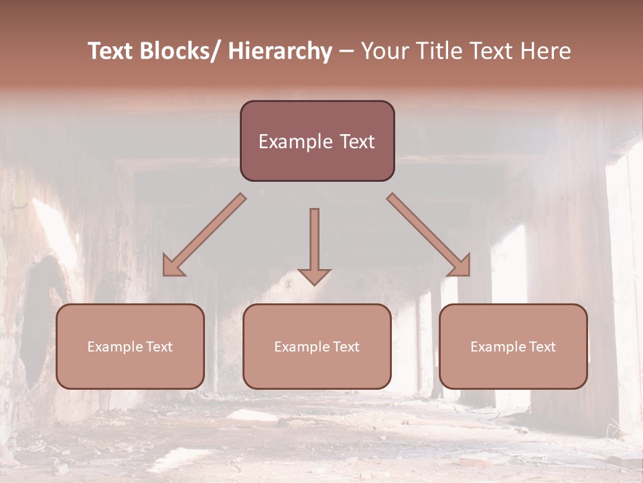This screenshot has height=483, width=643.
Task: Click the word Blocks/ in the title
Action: point(177,51)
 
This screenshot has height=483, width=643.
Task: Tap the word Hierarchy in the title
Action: point(280,51)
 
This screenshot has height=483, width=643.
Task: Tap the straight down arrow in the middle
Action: point(314,241)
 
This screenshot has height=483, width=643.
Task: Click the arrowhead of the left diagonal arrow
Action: point(172,266)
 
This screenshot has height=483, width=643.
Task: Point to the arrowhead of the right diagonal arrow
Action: point(461,266)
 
